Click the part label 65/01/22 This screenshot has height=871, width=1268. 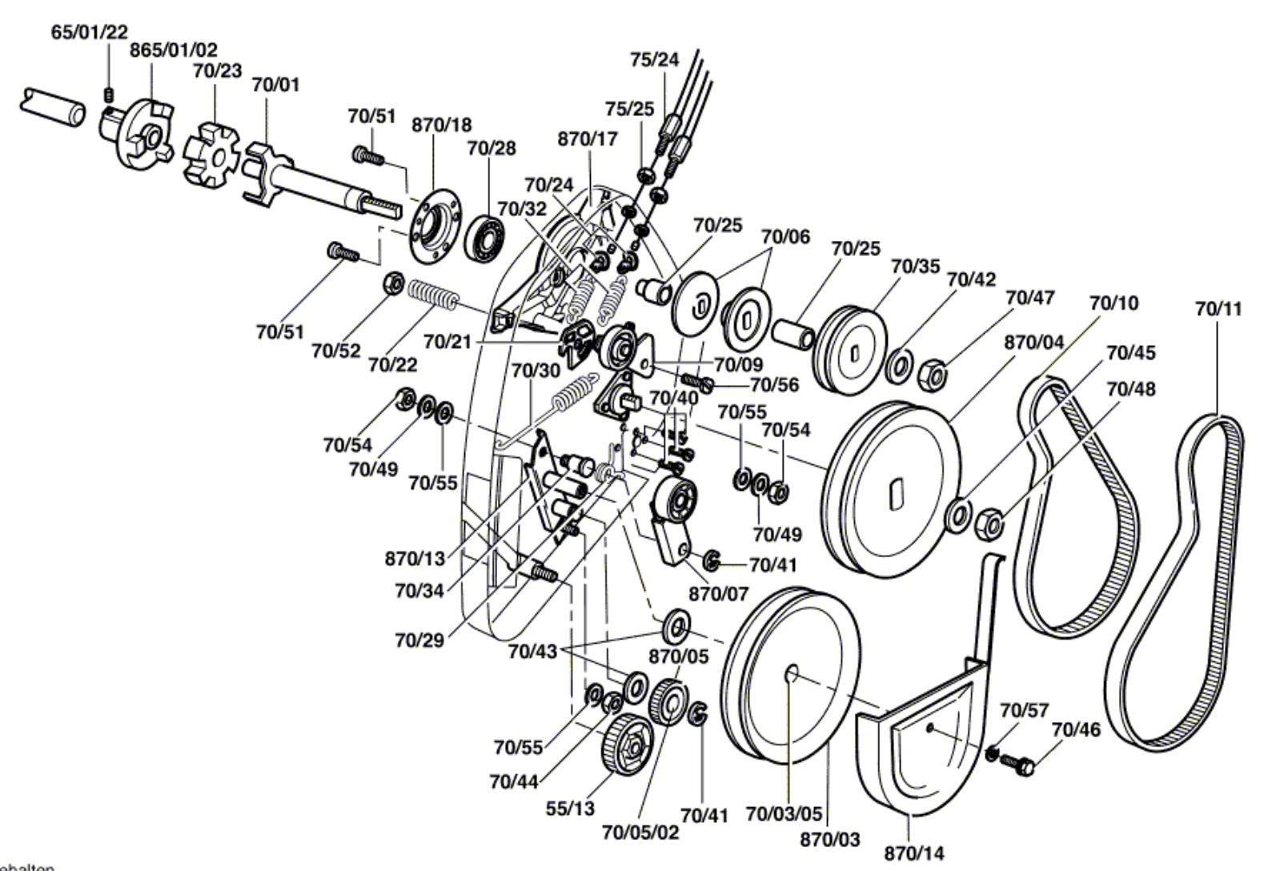(90, 31)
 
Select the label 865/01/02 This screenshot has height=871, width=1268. (173, 50)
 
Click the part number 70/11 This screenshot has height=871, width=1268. (1218, 309)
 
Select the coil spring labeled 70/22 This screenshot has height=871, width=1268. (434, 295)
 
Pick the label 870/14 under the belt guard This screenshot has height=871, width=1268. (914, 853)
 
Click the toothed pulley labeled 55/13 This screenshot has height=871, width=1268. (628, 745)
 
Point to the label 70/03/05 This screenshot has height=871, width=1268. (784, 814)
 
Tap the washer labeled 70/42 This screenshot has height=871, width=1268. (901, 366)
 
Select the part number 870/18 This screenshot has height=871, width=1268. (442, 125)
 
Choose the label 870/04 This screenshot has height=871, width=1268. (1034, 343)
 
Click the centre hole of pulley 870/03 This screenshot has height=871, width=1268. (792, 674)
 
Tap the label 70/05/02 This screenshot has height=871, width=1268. (640, 833)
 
